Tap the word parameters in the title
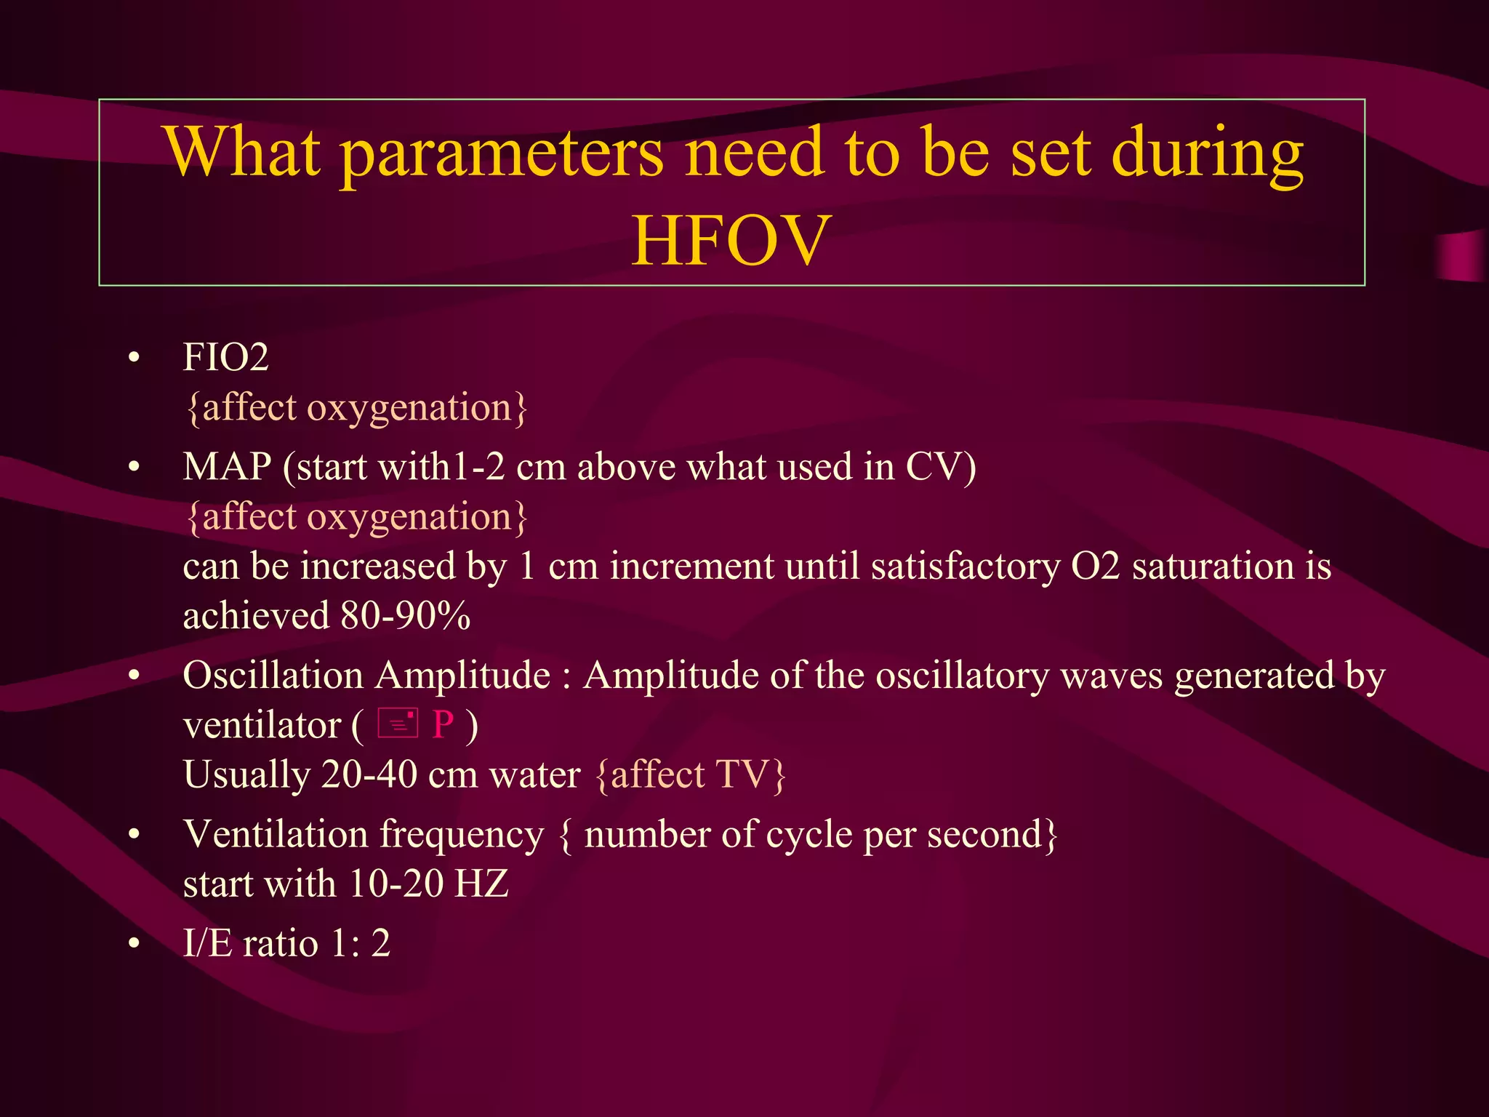(502, 153)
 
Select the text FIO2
(226, 358)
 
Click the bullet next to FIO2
(134, 358)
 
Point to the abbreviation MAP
(227, 467)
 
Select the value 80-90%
(406, 616)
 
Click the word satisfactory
(966, 566)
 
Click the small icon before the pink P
(398, 724)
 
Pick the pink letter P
(443, 725)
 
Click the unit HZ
(481, 884)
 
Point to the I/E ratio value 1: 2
(360, 944)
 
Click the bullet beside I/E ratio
(134, 944)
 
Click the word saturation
(1213, 566)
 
